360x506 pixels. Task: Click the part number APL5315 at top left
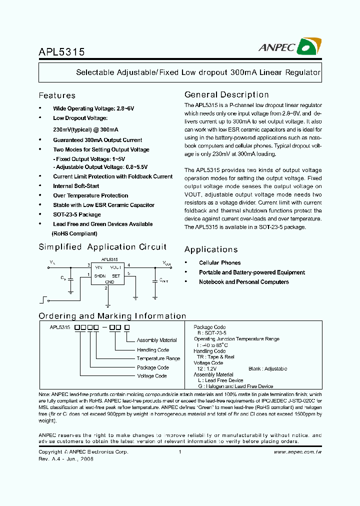pos(61,52)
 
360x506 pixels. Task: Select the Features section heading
pos(57,95)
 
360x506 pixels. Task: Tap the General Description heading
pos(226,94)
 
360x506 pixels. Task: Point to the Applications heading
pos(210,249)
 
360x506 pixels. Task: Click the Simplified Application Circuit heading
pos(102,247)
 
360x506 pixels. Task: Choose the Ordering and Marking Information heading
pos(112,316)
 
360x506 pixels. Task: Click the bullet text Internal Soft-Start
pos(76,186)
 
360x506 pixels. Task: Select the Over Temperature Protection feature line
pos(90,195)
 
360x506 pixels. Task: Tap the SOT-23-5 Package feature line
pos(77,214)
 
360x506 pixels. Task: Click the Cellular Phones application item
pos(219,262)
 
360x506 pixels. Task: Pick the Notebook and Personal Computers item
pos(243,282)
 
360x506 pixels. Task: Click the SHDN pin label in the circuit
pos(99,275)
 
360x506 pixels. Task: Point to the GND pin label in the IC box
pos(109,282)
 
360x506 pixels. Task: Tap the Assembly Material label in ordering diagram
pos(156,340)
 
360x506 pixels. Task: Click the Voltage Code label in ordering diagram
pos(152,376)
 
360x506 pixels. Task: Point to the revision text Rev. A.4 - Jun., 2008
pos(66,458)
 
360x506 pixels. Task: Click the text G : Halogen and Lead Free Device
pos(235,386)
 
